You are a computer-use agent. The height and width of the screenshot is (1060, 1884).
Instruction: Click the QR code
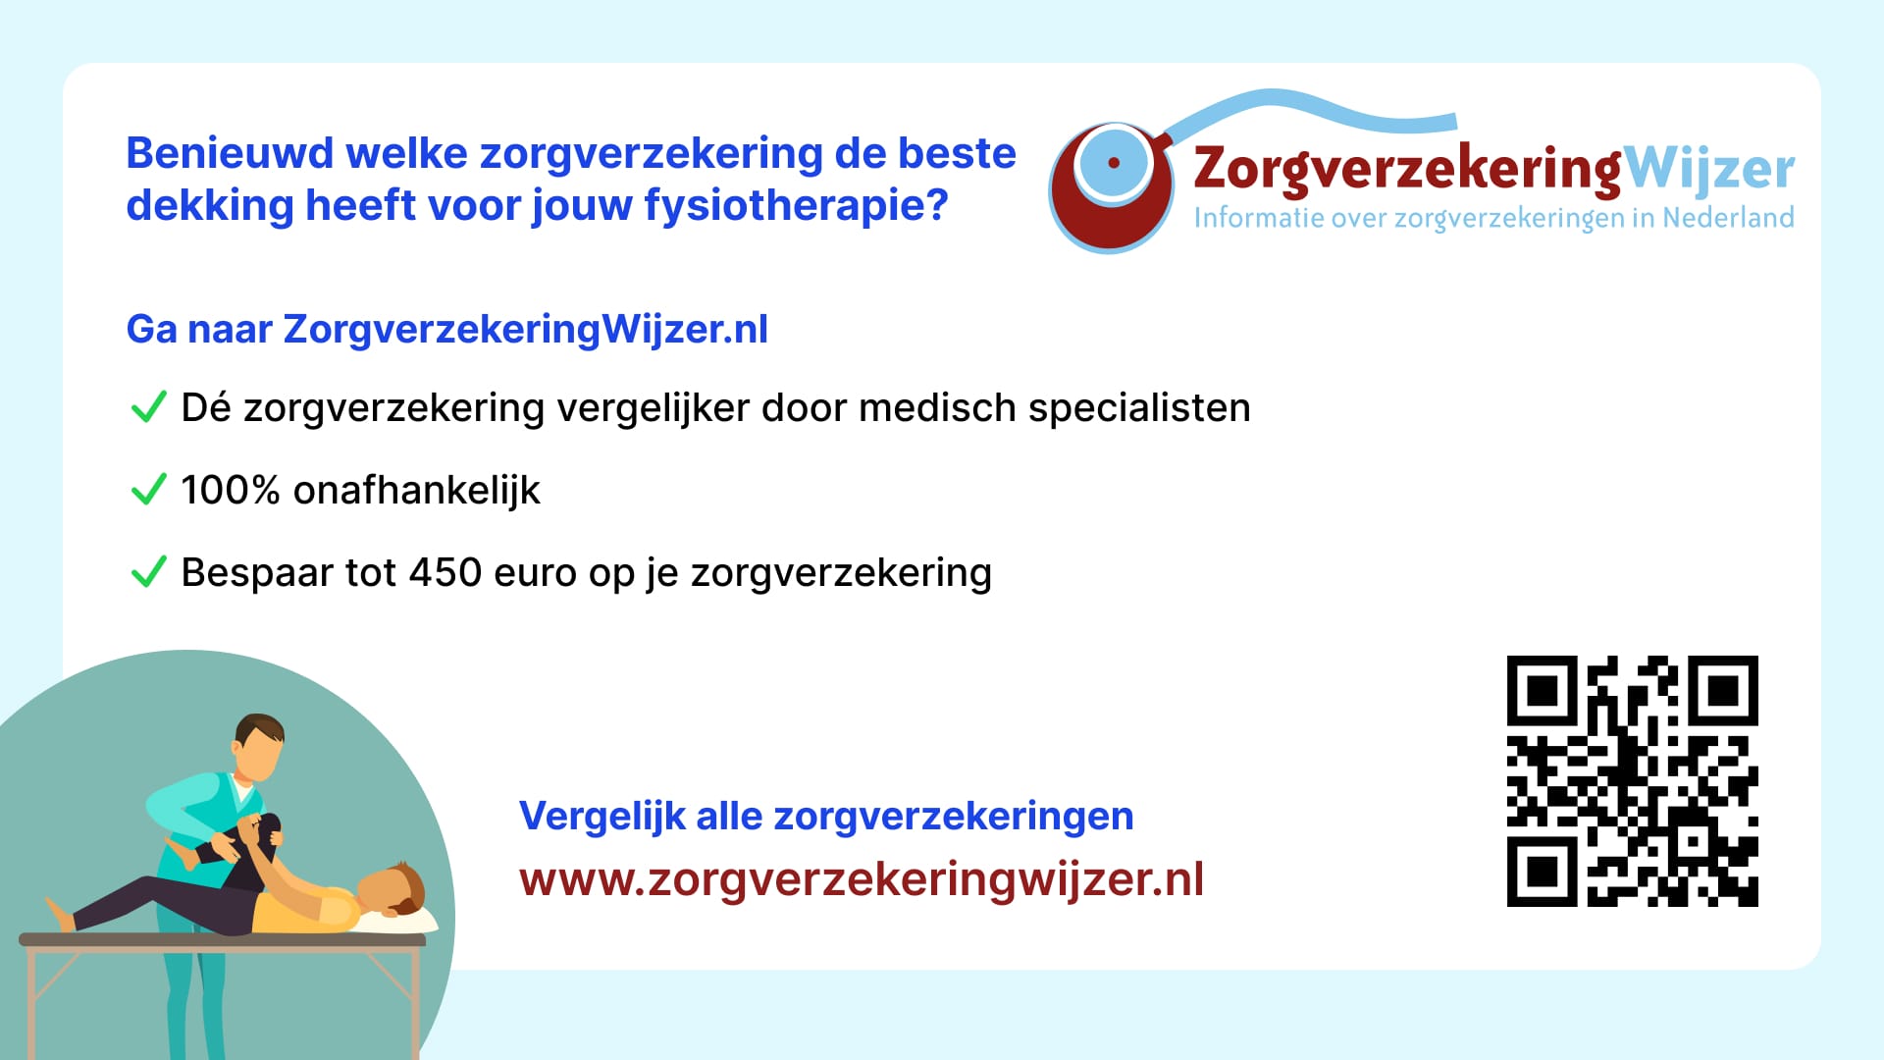pyautogui.click(x=1632, y=781)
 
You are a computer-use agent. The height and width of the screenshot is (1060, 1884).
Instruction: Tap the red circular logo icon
pyautogui.click(x=1111, y=186)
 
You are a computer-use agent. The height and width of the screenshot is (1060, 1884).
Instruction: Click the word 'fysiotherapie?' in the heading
pyautogui.click(x=796, y=206)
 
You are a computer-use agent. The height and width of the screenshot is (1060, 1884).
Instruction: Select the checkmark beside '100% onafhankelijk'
pyautogui.click(x=148, y=489)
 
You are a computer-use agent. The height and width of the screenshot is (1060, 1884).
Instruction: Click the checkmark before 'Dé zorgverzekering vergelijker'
pyautogui.click(x=148, y=406)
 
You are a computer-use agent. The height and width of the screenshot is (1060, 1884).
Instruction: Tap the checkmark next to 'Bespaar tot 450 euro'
pyautogui.click(x=148, y=571)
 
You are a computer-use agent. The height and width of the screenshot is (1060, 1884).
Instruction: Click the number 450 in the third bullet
pyautogui.click(x=445, y=572)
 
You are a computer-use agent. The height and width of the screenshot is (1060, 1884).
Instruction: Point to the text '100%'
pyautogui.click(x=231, y=490)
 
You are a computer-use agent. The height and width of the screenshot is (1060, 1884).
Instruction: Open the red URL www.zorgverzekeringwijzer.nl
pyautogui.click(x=862, y=879)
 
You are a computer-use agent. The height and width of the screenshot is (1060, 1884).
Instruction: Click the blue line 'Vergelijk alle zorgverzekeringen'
pyautogui.click(x=826, y=817)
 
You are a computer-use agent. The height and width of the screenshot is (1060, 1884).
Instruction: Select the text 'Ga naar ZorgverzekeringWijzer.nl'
pyautogui.click(x=447, y=330)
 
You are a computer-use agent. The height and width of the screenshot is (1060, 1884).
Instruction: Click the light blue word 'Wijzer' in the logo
pyautogui.click(x=1709, y=171)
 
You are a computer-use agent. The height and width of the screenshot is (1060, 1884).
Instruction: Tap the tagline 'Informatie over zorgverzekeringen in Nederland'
pyautogui.click(x=1493, y=218)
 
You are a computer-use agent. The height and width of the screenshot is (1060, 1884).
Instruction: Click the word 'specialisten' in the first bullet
pyautogui.click(x=1139, y=408)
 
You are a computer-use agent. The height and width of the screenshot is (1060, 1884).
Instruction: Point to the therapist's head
pyautogui.click(x=259, y=747)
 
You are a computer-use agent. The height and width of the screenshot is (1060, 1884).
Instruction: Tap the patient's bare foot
pyautogui.click(x=61, y=915)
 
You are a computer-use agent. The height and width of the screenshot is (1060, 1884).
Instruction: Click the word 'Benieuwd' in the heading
pyautogui.click(x=231, y=154)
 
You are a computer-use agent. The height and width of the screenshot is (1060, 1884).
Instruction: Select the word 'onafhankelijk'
pyautogui.click(x=417, y=491)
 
